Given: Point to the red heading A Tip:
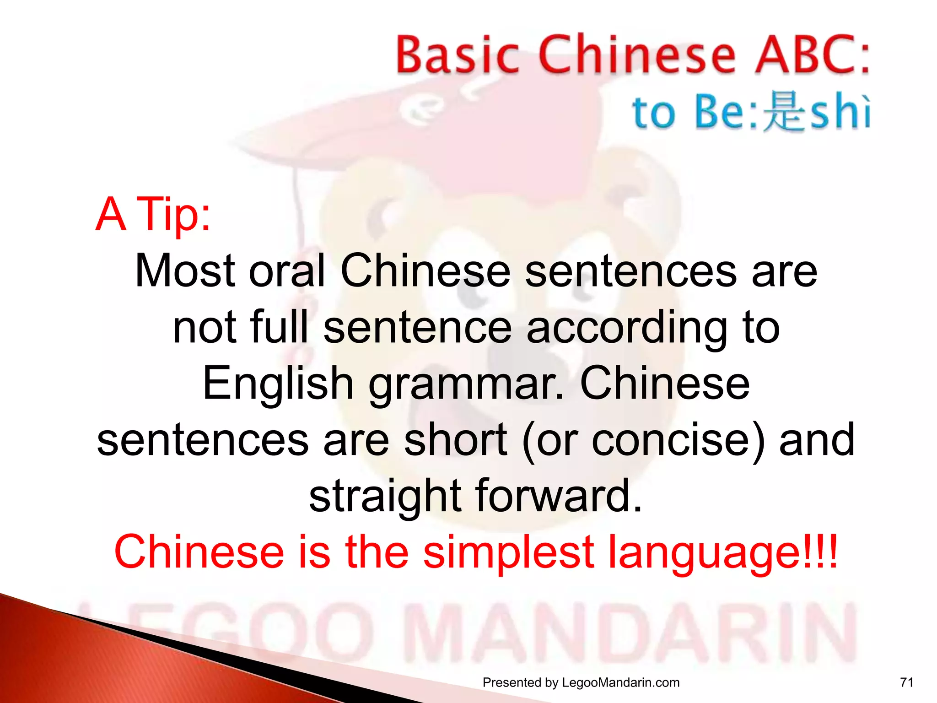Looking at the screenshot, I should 153,214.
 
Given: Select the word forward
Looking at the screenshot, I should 559,496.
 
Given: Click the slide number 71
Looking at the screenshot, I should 906,682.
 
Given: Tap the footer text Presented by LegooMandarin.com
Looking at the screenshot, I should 581,682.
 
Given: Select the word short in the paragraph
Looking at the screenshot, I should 455,440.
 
